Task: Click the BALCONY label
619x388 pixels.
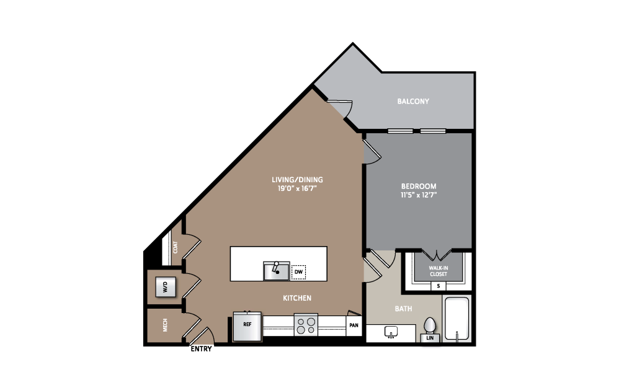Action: [413, 101]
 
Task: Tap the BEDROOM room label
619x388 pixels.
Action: [419, 186]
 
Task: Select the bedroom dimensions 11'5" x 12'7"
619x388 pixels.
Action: [419, 195]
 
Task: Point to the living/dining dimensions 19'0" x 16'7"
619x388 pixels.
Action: [297, 188]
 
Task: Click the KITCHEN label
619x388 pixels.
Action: [297, 298]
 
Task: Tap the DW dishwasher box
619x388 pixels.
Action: [298, 272]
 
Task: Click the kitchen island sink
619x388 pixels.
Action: [277, 271]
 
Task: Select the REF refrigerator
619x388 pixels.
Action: [247, 326]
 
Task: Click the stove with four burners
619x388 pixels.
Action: [306, 325]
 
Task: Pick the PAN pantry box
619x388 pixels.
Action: [354, 325]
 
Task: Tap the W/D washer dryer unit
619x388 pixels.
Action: [166, 287]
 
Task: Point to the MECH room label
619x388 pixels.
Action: [165, 325]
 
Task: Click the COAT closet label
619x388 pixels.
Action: [176, 247]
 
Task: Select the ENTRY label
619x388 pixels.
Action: [201, 349]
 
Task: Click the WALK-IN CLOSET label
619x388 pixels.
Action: [438, 271]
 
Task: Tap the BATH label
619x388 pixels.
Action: [403, 309]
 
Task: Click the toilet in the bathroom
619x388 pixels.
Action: [429, 327]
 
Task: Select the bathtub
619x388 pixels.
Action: [456, 319]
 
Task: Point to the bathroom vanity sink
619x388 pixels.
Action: [391, 332]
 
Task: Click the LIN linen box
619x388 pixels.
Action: [430, 338]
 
